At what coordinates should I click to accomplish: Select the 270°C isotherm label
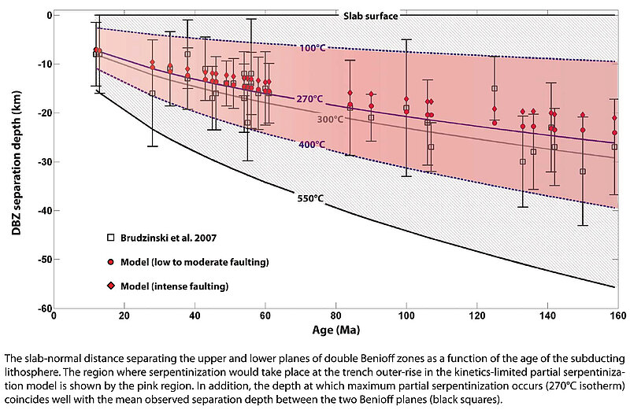coord(309,99)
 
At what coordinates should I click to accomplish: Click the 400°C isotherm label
coord(310,145)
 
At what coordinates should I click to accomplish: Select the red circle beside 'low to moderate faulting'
coord(111,260)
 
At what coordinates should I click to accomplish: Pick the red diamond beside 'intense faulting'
coord(111,286)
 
